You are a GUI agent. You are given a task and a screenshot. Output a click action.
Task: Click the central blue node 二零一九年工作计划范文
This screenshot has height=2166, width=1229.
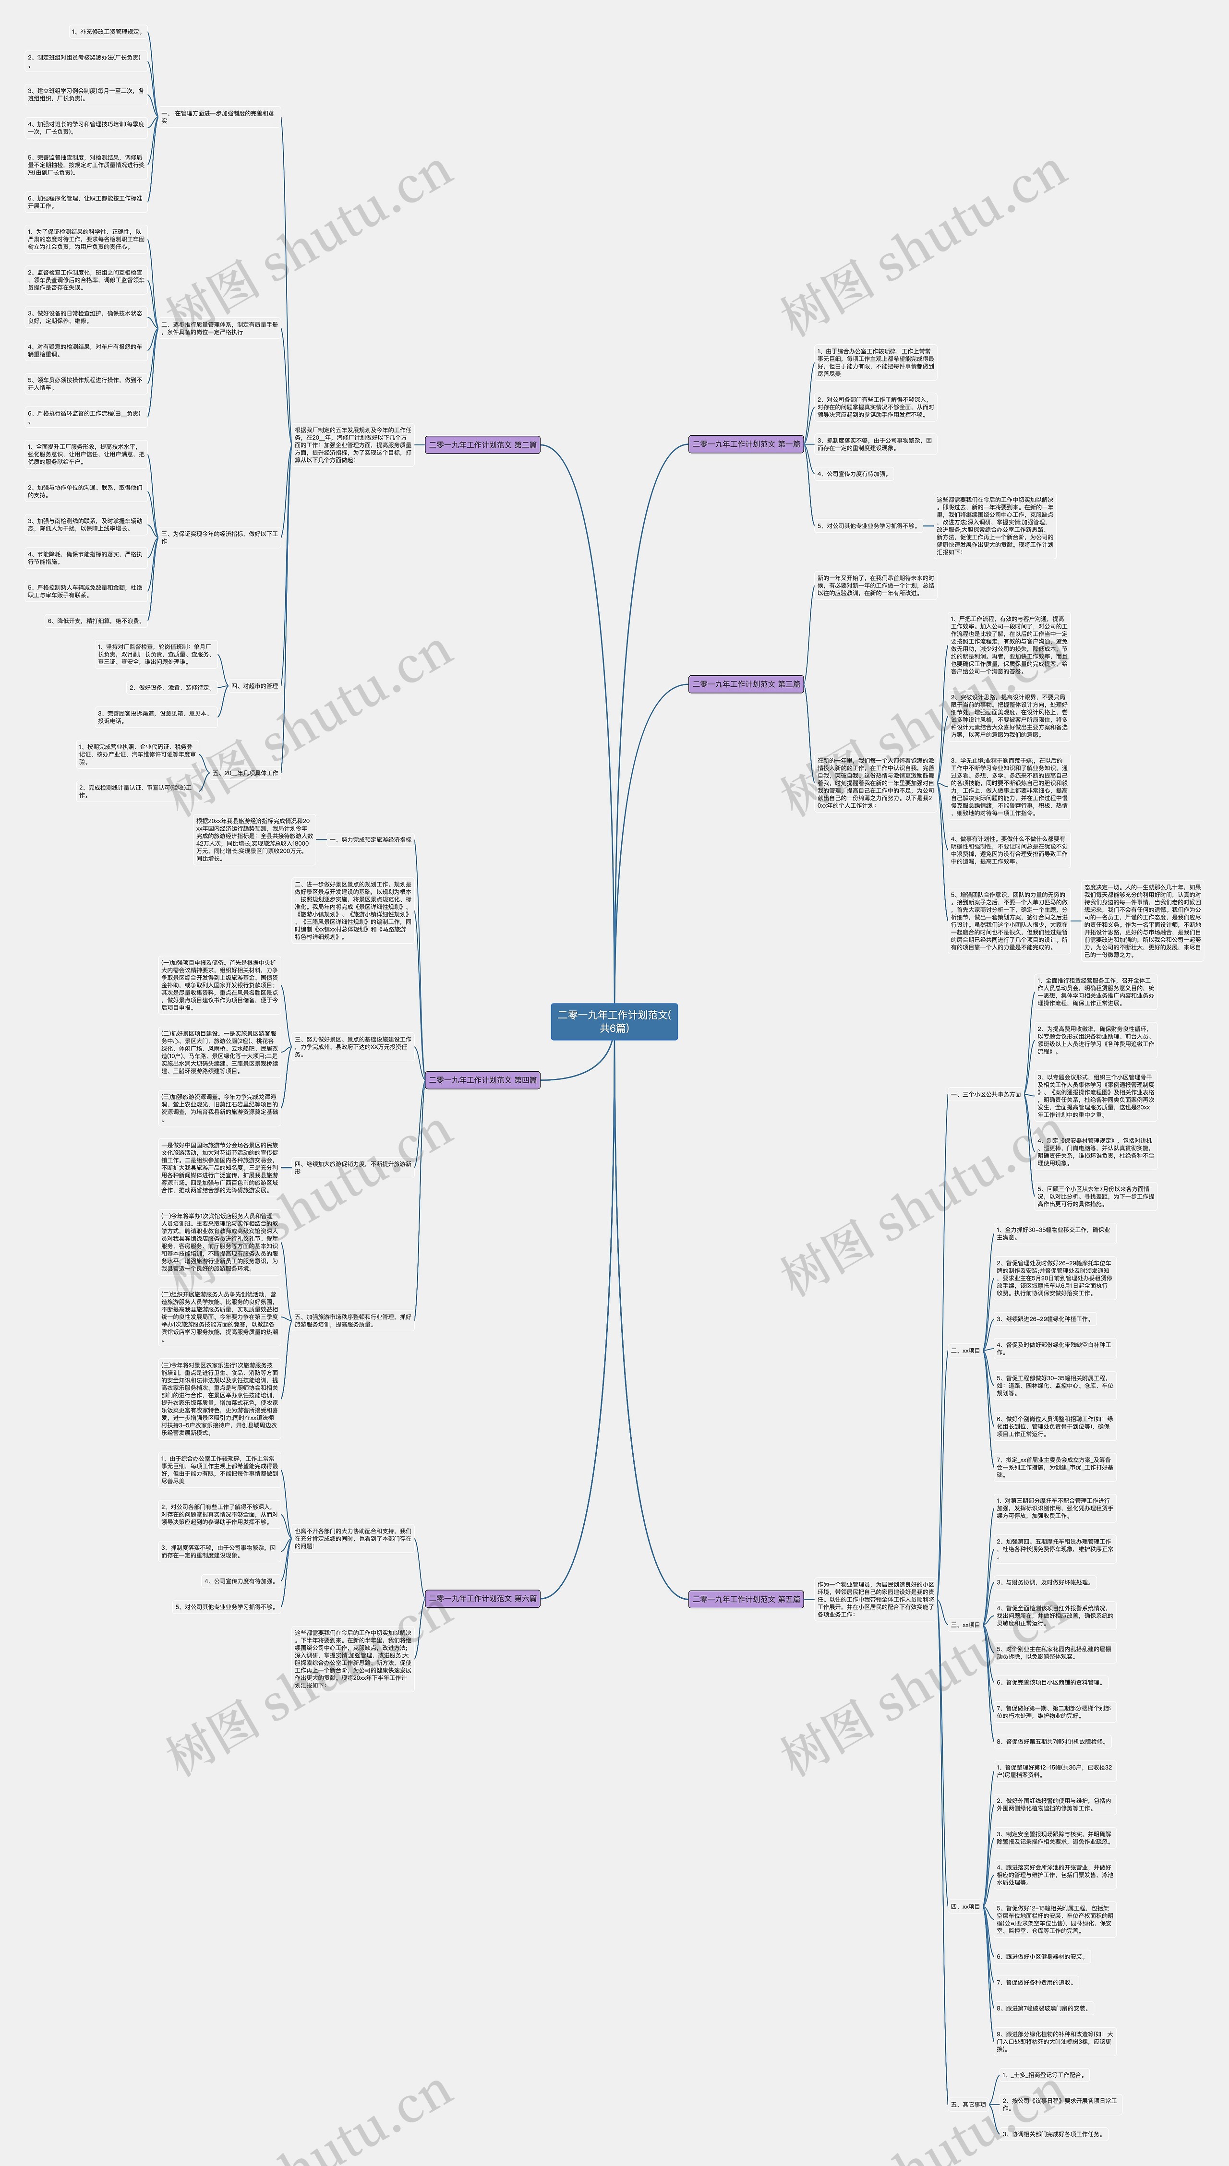point(614,1021)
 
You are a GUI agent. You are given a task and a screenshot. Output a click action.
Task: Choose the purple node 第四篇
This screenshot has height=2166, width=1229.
point(482,1080)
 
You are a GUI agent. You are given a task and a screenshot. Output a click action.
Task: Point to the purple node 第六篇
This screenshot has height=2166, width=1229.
point(482,1598)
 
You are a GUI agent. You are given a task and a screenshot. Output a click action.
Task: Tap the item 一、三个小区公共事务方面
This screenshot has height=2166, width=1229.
point(985,1094)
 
